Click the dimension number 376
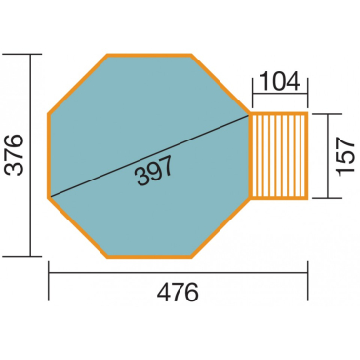tap(16, 155)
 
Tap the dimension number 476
tap(178, 292)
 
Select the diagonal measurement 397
tap(154, 170)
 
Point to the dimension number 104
tap(280, 81)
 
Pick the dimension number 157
tap(344, 156)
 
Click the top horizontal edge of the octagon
tap(149, 56)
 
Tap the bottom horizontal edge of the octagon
tap(149, 256)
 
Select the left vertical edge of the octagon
tap(49, 155)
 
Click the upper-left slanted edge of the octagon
tap(78, 84)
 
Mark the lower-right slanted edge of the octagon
tap(220, 227)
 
